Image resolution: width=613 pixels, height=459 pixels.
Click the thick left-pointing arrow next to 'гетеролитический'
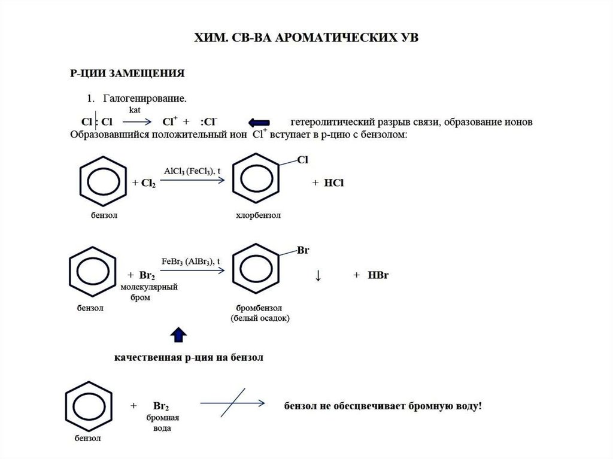pos(259,122)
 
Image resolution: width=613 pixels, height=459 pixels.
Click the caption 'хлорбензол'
pos(258,214)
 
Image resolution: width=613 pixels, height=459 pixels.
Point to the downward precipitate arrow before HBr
pos(318,275)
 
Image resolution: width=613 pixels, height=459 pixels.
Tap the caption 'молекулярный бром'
pos(148,293)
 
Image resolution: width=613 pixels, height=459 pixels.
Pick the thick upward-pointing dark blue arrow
pos(179,336)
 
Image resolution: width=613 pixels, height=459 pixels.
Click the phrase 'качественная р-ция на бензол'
pos(189,358)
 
